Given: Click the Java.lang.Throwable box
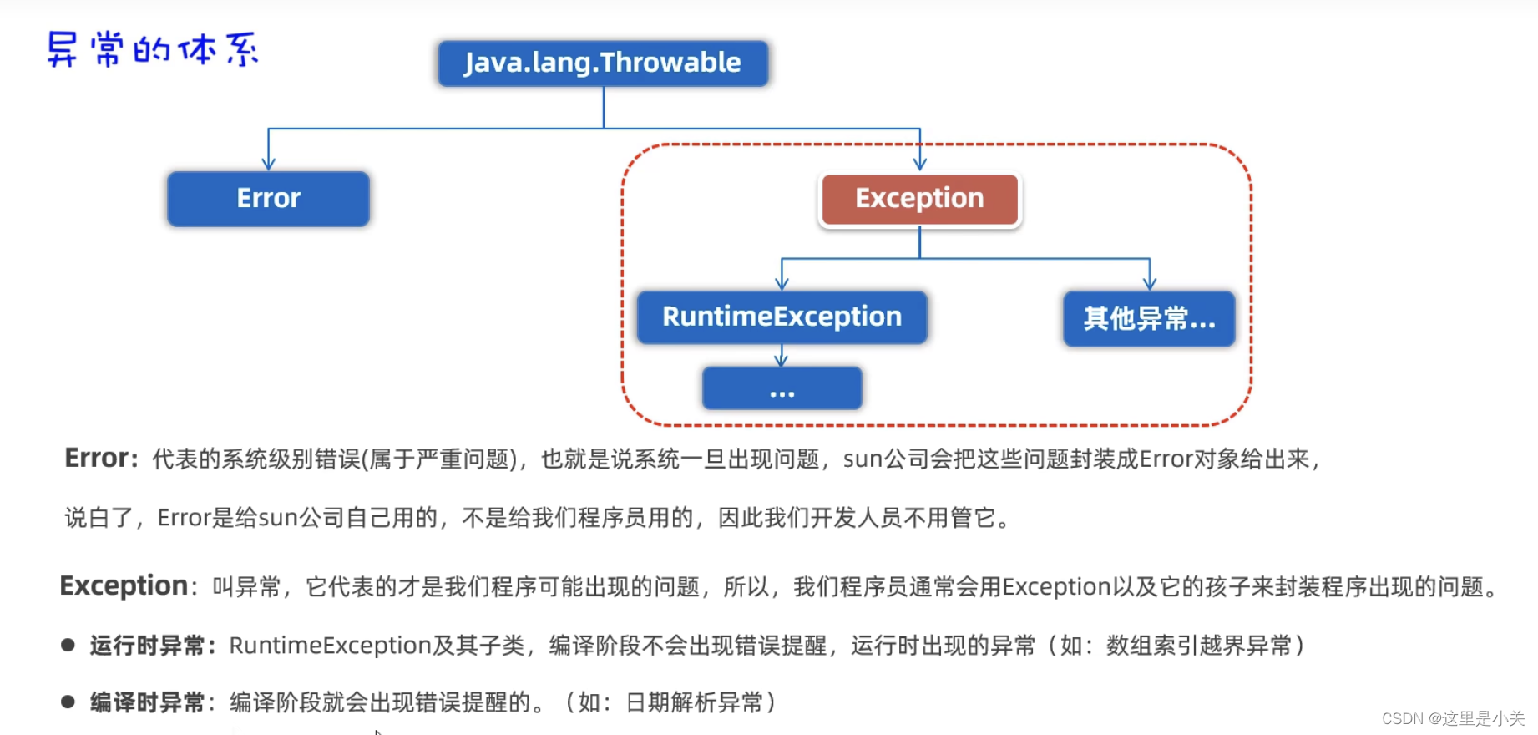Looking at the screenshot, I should click(603, 63).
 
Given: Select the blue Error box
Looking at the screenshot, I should click(268, 199).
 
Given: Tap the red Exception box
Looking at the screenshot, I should click(919, 199).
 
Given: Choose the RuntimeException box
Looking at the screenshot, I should click(782, 317).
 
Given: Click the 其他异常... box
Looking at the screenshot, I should click(1149, 318).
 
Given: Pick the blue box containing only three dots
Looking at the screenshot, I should click(782, 388).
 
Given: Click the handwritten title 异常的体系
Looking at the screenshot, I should click(153, 50).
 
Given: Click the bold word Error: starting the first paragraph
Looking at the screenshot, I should click(101, 458).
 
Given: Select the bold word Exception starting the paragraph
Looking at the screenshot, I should click(124, 585).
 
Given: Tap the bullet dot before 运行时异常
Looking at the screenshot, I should click(68, 645).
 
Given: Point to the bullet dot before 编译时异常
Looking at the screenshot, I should click(68, 702).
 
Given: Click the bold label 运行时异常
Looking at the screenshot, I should click(148, 646).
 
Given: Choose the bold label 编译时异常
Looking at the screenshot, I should click(148, 702).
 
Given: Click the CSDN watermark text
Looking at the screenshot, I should click(1453, 718).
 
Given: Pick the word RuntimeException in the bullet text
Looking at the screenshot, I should click(330, 646).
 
